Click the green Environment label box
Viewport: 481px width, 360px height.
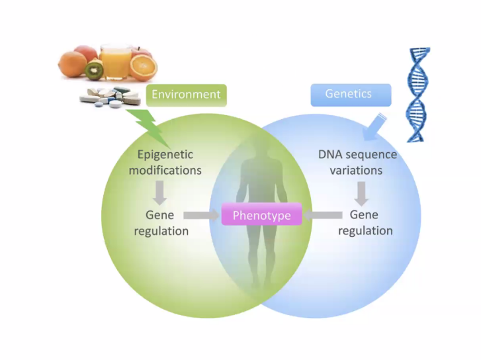click(186, 95)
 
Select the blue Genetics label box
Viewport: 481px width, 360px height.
click(350, 95)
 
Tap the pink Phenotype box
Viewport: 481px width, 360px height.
click(261, 215)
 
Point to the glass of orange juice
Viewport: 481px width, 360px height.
click(114, 60)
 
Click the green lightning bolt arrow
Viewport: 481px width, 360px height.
click(148, 126)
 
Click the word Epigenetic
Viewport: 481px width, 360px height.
click(165, 155)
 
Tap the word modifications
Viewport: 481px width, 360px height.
click(165, 170)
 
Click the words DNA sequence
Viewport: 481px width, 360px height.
click(357, 155)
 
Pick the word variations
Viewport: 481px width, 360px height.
click(357, 170)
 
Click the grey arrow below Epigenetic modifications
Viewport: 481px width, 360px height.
click(159, 193)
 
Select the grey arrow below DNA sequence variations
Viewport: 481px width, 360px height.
click(361, 193)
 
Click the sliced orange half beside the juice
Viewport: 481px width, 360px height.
click(143, 66)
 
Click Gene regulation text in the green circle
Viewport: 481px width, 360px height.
click(161, 223)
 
